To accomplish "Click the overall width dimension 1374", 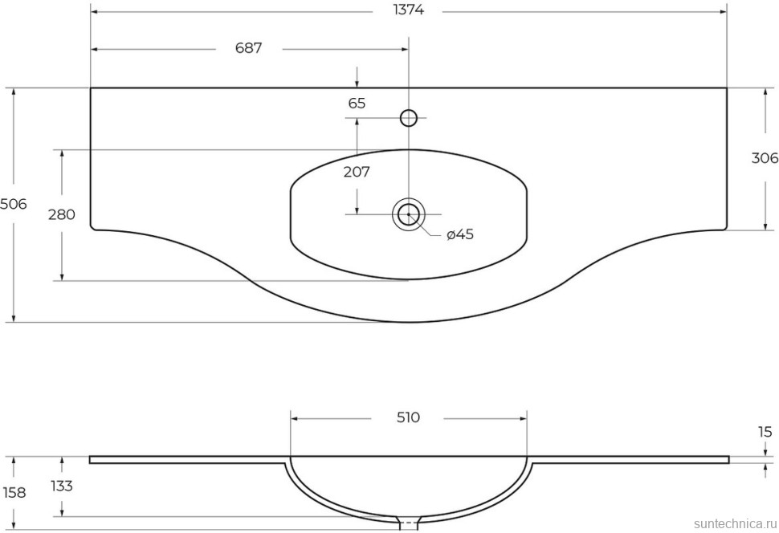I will pos(409,10).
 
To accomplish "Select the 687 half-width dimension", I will pos(249,48).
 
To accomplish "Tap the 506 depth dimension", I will pos(14,204).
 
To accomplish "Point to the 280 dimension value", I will pos(62,214).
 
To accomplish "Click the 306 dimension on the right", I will pos(764,158).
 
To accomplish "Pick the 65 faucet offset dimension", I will pos(357,103).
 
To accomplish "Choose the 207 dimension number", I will pos(357,171).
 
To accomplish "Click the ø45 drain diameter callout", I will pos(460,234).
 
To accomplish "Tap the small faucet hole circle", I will pos(409,118).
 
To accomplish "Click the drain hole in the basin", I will pos(409,214).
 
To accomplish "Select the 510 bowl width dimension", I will pos(409,417).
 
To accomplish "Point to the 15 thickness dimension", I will pos(764,432).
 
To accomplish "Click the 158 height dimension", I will pos(14,492).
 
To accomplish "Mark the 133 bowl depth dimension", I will pos(62,486).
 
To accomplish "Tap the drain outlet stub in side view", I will pos(410,523).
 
